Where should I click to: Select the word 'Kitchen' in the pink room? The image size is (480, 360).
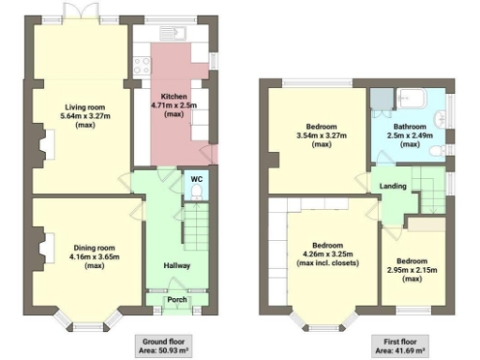(172, 97)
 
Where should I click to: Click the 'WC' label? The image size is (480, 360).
(196, 178)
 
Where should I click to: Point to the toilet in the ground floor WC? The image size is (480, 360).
(195, 191)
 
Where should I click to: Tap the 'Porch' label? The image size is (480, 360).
(175, 300)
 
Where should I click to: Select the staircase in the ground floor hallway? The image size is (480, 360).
(192, 227)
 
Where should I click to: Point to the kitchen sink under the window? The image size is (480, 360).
(176, 35)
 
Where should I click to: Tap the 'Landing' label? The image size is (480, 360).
(393, 186)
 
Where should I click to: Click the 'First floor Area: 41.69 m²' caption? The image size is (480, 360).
(400, 344)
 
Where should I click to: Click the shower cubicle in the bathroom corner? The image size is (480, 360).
(382, 98)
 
